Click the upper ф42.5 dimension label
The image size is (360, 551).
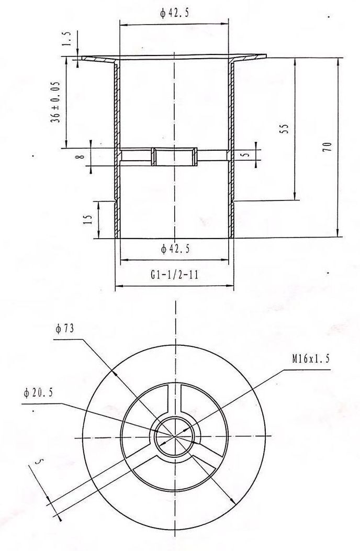point(174,14)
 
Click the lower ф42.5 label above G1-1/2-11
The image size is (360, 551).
point(175,249)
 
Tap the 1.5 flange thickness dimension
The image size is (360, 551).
point(67,39)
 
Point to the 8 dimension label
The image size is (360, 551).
point(81,155)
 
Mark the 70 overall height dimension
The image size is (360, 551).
point(327,147)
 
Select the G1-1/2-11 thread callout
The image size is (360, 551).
point(174,274)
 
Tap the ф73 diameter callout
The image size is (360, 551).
point(64,329)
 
